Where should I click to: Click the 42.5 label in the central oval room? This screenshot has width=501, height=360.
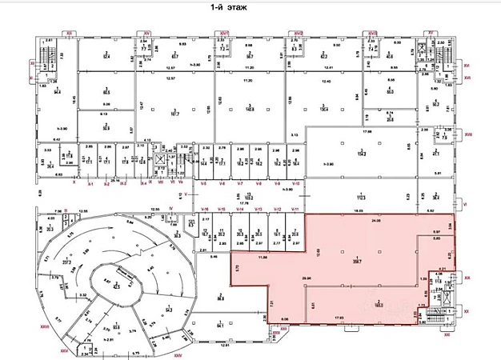click(115, 284)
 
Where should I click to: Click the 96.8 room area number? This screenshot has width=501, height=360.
click(221, 297)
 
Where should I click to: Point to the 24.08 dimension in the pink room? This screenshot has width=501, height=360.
click(377, 220)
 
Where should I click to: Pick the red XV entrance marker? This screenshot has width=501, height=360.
click(429, 31)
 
